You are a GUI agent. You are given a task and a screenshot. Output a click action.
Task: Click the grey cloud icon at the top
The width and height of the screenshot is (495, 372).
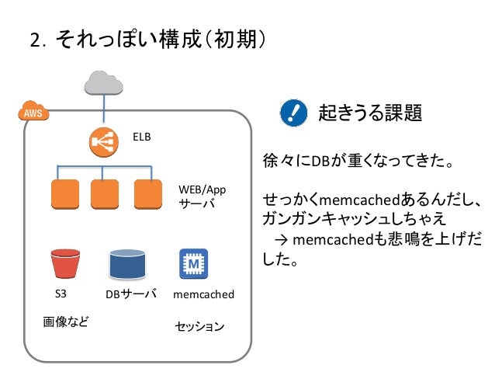[103, 83]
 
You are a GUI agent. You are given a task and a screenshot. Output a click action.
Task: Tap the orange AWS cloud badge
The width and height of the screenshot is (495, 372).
[33, 111]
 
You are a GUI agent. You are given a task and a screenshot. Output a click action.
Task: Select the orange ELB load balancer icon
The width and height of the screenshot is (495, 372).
[103, 142]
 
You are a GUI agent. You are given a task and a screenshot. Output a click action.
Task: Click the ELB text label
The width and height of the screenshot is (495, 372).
[142, 137]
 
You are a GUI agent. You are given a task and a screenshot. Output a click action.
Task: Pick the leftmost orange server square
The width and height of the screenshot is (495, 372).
[65, 194]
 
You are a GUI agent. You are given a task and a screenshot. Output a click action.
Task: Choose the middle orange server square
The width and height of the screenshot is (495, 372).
[105, 194]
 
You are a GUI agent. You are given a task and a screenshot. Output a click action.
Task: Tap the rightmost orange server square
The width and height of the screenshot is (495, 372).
[148, 194]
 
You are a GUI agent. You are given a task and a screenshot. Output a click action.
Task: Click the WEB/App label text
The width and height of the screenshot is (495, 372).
[202, 189]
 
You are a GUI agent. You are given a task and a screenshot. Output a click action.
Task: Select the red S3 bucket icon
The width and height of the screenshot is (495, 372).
[65, 263]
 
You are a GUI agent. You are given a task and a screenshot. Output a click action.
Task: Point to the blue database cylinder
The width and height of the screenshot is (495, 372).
[127, 264]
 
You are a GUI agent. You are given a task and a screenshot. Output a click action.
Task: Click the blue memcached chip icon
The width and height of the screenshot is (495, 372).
[193, 263]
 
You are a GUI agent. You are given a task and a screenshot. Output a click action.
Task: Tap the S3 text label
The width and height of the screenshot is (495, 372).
[61, 294]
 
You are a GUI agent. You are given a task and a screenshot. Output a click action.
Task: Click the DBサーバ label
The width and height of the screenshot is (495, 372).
[131, 294]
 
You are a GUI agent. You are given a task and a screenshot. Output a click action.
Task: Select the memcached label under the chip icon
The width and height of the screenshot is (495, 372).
[203, 294]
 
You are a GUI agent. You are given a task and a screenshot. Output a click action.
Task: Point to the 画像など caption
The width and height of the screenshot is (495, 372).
[66, 322]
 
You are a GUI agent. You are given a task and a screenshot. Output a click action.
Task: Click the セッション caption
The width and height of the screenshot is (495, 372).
[199, 326]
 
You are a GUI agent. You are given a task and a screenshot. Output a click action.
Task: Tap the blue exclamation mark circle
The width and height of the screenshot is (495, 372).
[293, 113]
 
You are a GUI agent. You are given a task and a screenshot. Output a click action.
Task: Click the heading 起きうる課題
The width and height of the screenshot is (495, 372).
[370, 113]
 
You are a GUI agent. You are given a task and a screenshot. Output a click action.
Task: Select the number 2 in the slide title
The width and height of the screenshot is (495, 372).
[36, 40]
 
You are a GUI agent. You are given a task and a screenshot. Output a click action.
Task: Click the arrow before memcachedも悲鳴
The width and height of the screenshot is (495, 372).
[281, 240]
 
